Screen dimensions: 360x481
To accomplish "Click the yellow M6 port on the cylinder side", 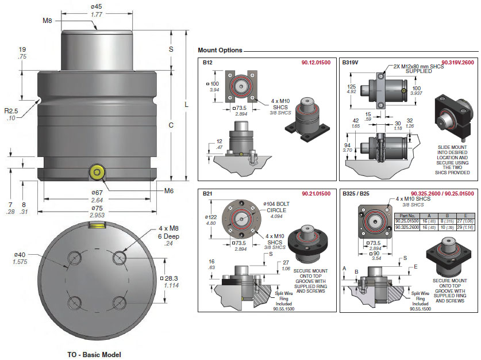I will (x=97, y=171).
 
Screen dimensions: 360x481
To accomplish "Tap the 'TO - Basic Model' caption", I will (x=94, y=354).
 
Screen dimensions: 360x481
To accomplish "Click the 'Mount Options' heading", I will (x=220, y=50).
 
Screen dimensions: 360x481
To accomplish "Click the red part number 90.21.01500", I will (x=315, y=194).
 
